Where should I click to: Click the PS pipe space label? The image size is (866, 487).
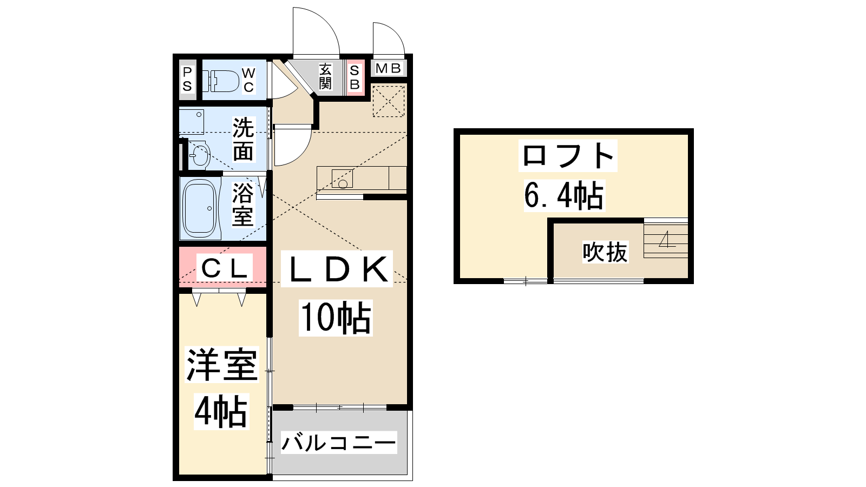[187, 79]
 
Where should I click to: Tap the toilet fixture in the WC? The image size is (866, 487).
[221, 81]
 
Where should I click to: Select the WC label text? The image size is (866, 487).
[248, 80]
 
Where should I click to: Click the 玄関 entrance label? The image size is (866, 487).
[325, 76]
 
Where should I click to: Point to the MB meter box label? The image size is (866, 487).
[388, 68]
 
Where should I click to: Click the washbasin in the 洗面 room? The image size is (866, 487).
[200, 154]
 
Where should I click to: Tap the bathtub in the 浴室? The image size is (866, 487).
[200, 208]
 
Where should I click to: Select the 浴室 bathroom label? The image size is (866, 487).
[242, 204]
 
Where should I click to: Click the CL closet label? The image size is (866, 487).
[224, 268]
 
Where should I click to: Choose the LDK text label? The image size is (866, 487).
[337, 269]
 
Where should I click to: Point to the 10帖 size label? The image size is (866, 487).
[336, 318]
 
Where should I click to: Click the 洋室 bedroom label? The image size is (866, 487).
[222, 365]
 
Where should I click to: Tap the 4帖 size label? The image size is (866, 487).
[221, 411]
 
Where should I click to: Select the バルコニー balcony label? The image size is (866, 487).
[339, 443]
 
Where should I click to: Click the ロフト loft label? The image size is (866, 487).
[568, 155]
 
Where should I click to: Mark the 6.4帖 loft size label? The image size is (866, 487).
[564, 195]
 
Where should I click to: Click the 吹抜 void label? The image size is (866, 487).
[605, 252]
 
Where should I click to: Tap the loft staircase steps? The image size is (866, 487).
[666, 238]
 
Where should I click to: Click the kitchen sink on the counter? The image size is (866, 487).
[342, 179]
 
